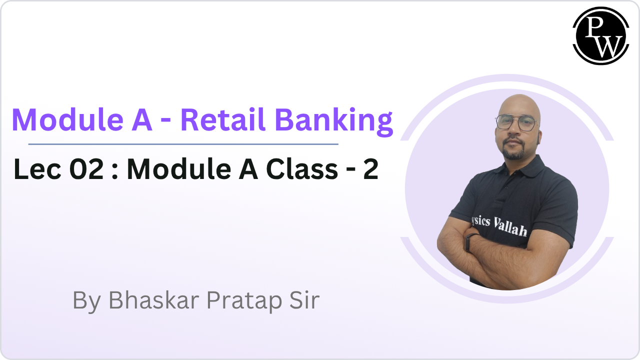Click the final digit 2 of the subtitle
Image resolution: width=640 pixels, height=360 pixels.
click(370, 169)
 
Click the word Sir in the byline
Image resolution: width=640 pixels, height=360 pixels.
click(303, 300)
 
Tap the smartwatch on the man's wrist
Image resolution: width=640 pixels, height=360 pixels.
click(469, 242)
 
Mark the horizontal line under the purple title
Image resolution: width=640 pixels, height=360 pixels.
click(183, 144)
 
